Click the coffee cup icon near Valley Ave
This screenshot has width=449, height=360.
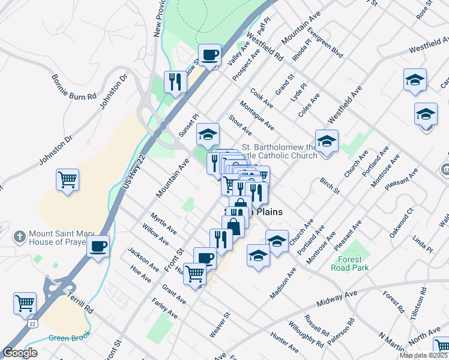209,56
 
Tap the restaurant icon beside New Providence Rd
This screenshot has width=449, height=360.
175,82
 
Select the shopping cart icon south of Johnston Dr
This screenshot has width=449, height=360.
67,180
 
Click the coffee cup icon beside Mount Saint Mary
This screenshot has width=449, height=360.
98,245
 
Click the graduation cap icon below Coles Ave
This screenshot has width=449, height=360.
327,142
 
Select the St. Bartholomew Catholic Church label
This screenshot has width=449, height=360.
279,151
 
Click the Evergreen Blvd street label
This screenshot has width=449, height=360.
324,42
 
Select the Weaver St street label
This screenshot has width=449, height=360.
219,324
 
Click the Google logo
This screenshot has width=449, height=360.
20,353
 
